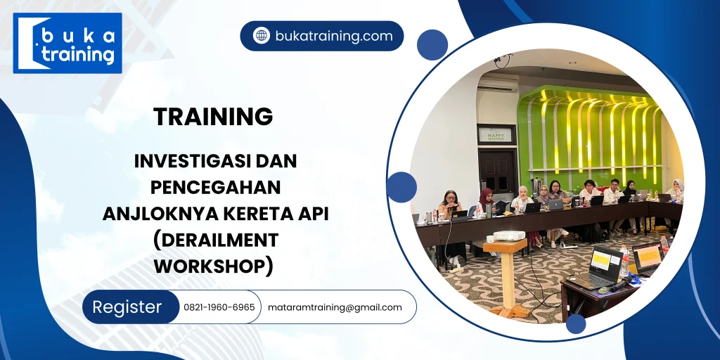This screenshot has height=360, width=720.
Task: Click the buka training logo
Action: tap(67, 43)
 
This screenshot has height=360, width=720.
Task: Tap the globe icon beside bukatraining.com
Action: tap(262, 36)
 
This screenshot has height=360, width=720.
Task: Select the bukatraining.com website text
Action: tap(334, 36)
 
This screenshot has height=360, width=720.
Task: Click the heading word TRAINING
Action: tap(213, 117)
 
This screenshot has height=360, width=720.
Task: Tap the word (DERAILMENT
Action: tap(216, 240)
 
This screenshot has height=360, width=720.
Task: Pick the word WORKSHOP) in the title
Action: tap(213, 266)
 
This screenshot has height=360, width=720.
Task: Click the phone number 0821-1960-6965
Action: tap(219, 307)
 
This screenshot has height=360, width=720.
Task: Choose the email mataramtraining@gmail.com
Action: tap(335, 307)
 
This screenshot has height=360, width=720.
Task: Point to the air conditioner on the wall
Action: tap(498, 84)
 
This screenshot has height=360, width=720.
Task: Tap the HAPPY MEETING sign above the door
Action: tap(496, 134)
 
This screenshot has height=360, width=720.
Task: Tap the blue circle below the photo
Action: tap(576, 324)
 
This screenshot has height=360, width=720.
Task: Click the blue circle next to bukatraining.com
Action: tap(432, 44)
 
